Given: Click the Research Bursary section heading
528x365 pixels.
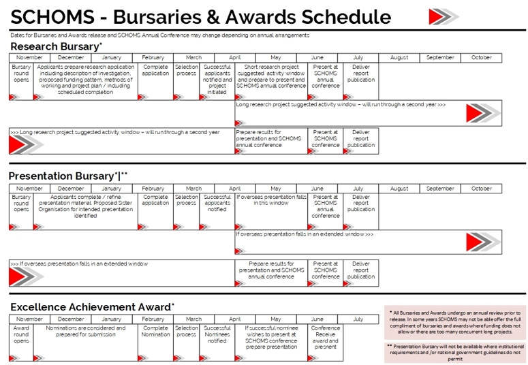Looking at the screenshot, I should point(56,46).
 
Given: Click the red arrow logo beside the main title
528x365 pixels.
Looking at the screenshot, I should point(444,16).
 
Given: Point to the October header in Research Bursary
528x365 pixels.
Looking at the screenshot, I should point(481,58).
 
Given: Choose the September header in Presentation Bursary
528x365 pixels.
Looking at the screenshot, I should point(440,189).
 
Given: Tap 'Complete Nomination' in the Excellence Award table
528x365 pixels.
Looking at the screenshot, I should point(155,331).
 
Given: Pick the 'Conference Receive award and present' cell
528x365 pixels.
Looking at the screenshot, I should point(325,337).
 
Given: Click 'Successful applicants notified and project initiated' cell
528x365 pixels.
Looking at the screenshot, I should point(217,80).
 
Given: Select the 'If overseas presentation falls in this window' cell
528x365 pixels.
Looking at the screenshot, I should point(272,200).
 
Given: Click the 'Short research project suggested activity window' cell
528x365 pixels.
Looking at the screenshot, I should point(272,76).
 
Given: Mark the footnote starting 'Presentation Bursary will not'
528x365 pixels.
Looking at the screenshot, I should point(455,352).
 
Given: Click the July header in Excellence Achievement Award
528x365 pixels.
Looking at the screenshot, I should point(358,319).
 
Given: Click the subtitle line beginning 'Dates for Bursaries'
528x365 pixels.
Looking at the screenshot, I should point(159,35).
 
